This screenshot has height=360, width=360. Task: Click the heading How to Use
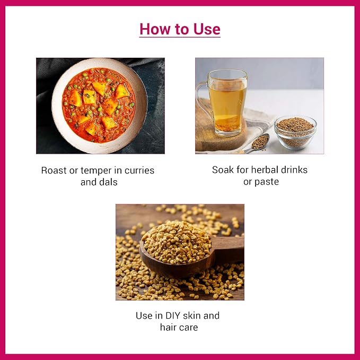[x=180, y=29]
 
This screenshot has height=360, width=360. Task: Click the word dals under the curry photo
[x=108, y=182]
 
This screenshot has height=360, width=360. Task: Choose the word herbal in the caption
[x=265, y=170]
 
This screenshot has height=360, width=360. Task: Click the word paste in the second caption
[x=267, y=182]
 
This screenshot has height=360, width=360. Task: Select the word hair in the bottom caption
[x=168, y=327]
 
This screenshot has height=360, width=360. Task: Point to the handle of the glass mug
[x=202, y=99]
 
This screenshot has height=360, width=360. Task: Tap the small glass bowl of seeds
[x=295, y=133]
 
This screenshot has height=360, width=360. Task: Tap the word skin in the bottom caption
[x=192, y=315]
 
